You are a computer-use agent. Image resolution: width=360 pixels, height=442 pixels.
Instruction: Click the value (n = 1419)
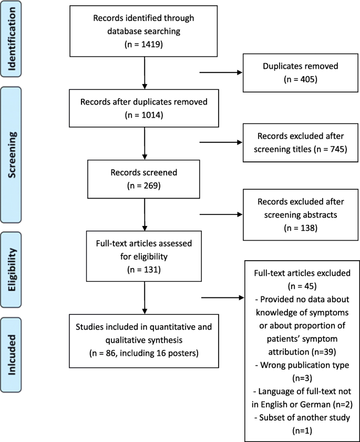[x=143, y=45]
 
